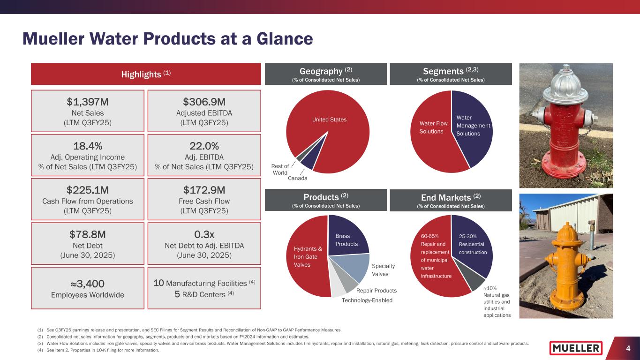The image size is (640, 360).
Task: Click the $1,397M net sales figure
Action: [87, 101]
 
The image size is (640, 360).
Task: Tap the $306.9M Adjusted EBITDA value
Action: [204, 101]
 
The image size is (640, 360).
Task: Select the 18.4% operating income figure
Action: [87, 145]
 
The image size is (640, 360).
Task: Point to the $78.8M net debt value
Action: [87, 234]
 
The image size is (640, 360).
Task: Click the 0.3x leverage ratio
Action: [204, 234]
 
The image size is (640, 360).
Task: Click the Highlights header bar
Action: [146, 74]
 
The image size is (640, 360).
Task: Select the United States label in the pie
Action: [329, 120]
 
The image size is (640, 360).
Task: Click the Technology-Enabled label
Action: [367, 300]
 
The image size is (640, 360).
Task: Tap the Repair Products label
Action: [376, 291]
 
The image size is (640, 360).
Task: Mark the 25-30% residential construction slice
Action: [472, 244]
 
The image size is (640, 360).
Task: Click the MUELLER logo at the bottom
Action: [576, 348]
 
